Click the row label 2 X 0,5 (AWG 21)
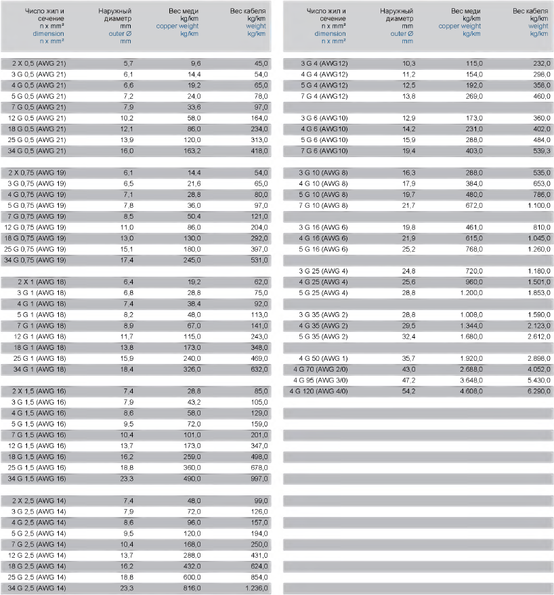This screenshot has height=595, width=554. coord(39,63)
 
